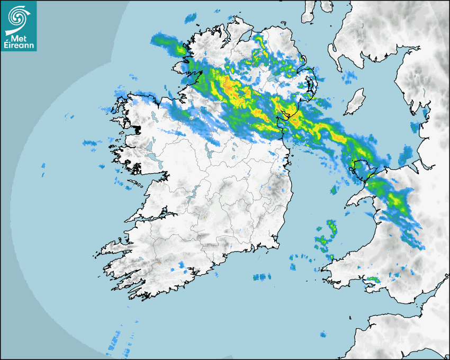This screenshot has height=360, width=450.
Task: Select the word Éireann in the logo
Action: (19, 45)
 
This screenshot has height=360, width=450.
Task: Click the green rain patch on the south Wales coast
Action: (373, 279)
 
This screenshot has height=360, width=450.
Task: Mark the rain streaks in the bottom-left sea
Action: (119, 341)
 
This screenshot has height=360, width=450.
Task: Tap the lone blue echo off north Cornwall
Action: (322, 335)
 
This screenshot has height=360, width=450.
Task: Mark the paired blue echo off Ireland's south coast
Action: (262, 277)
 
